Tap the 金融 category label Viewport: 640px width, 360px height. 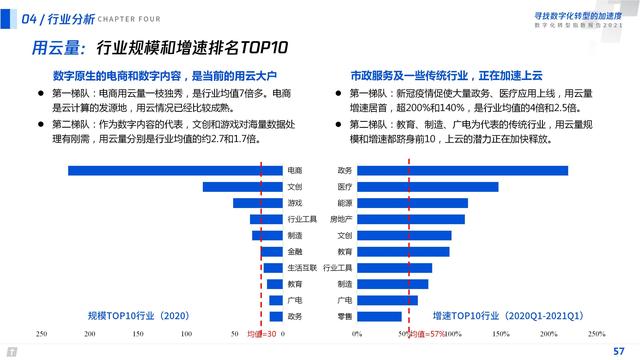tap(294, 251)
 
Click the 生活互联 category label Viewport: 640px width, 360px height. tap(301, 268)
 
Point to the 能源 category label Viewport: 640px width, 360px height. tap(344, 202)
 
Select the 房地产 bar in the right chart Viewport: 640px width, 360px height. tap(410, 219)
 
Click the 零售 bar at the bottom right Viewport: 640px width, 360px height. tap(380, 316)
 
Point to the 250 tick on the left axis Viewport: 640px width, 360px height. tap(41, 334)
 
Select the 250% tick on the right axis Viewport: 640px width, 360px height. tap(596, 334)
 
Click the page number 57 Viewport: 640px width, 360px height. tap(618, 351)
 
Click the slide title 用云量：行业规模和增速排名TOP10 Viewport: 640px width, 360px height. tap(160, 47)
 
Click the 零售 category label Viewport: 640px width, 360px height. tap(344, 316)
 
